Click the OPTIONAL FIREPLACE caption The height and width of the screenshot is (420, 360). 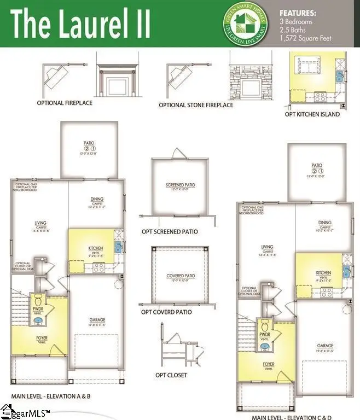pyautogui.click(x=65, y=103)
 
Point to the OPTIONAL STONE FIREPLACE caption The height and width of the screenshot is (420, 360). pyautogui.click(x=196, y=105)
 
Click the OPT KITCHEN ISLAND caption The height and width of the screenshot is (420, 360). pyautogui.click(x=312, y=114)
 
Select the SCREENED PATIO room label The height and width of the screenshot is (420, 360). pyautogui.click(x=180, y=185)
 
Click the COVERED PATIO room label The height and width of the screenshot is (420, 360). pyautogui.click(x=181, y=276)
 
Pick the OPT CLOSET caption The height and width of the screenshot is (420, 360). pyautogui.click(x=171, y=375)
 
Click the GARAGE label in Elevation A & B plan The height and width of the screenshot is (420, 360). pyautogui.click(x=97, y=320)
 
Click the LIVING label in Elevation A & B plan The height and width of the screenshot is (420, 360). pyautogui.click(x=40, y=223)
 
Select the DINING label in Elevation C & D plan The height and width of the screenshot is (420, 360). pyautogui.click(x=325, y=223)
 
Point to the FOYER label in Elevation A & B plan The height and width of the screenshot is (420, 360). pyautogui.click(x=42, y=338)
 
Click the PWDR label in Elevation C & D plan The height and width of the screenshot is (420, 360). pyautogui.click(x=265, y=334)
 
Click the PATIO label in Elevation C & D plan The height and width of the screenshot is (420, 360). pyautogui.click(x=316, y=165)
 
